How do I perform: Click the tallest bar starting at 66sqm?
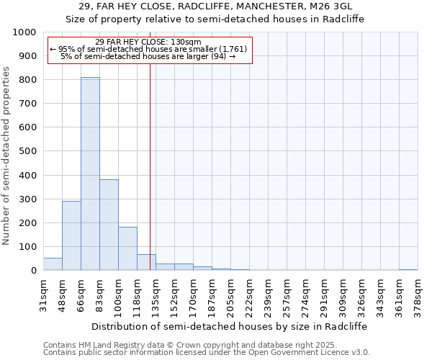pyautogui.click(x=90, y=174)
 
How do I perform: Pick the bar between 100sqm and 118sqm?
pyautogui.click(x=127, y=248)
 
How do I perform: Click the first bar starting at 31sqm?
pyautogui.click(x=53, y=264)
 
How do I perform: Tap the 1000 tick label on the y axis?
pyautogui.click(x=24, y=32)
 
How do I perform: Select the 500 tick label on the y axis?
pyautogui.click(x=27, y=151)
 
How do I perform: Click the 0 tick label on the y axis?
pyautogui.click(x=34, y=271)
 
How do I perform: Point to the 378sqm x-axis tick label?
pyautogui.click(x=418, y=294)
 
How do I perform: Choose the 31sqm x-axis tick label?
pyautogui.click(x=43, y=294)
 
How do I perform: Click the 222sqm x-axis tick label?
pyautogui.click(x=249, y=294)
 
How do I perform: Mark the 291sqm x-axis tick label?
pyautogui.click(x=324, y=294)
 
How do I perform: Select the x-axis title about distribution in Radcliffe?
pyautogui.click(x=230, y=326)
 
